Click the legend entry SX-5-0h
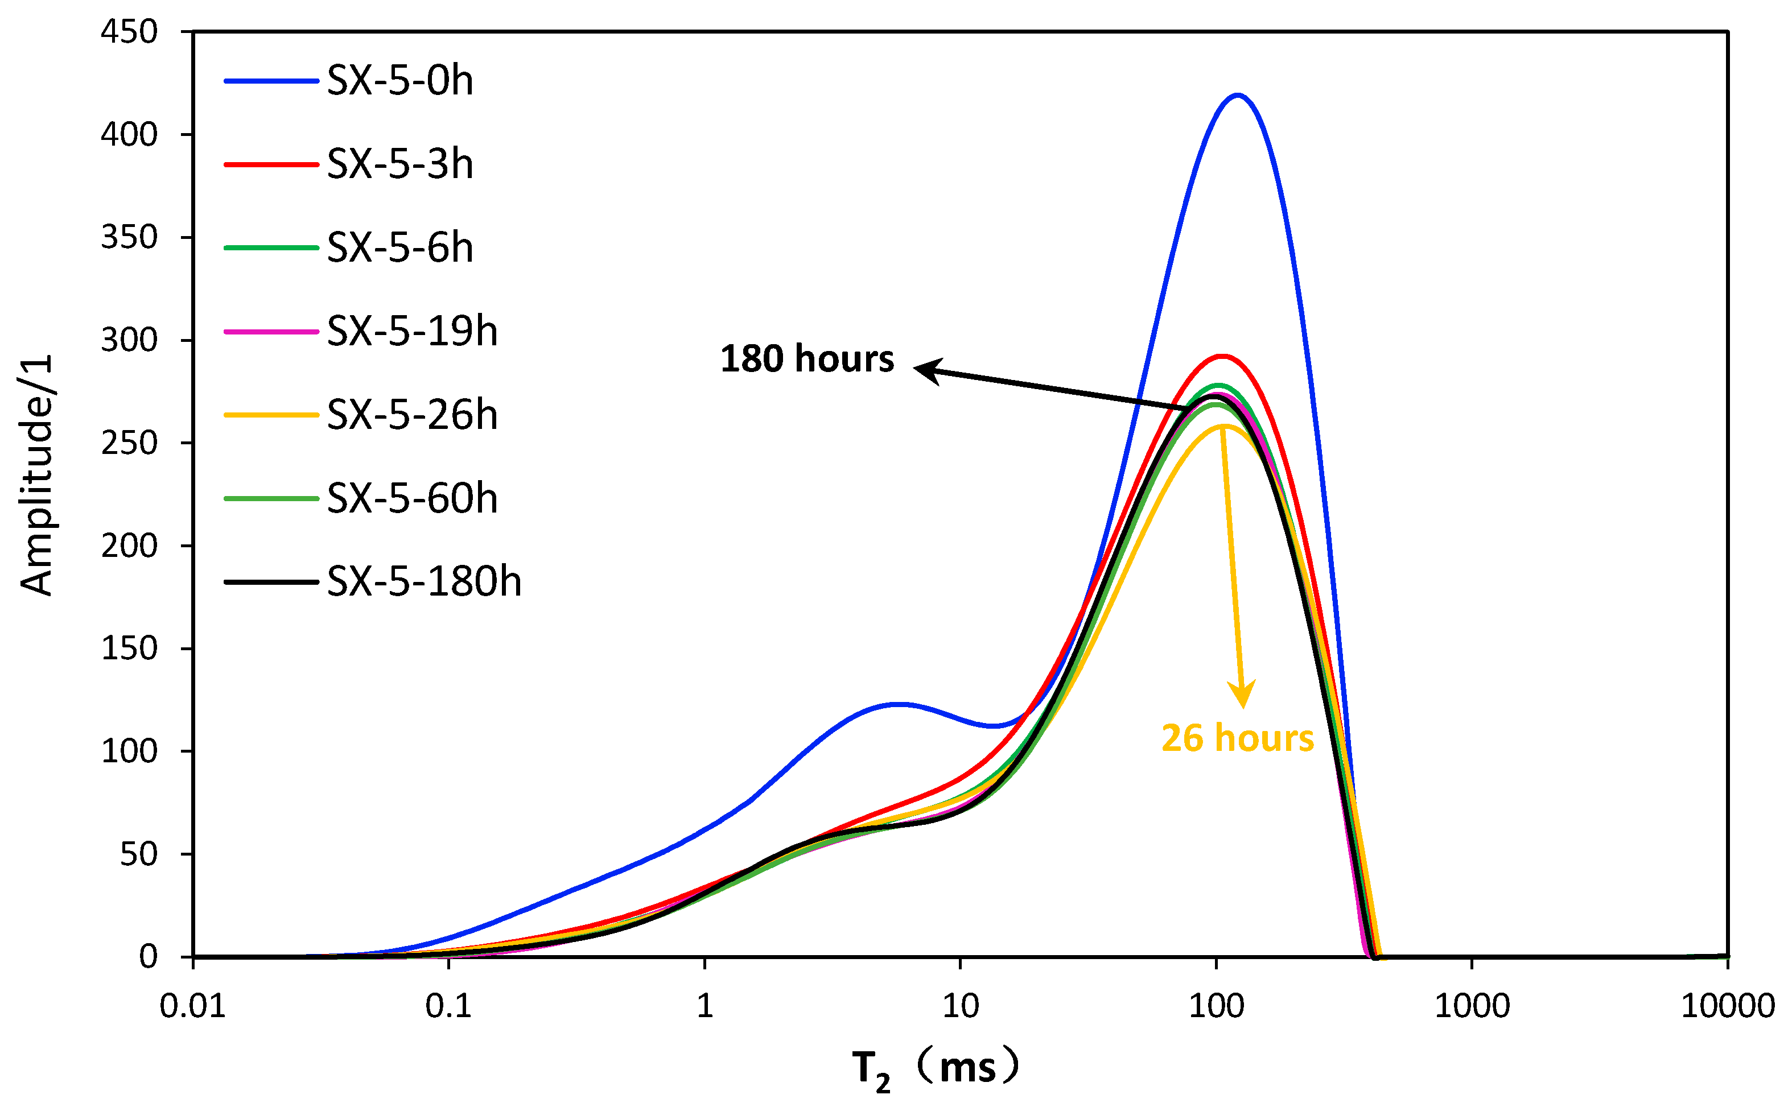coord(399,81)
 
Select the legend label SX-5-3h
coord(399,164)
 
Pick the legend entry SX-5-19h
coord(411,332)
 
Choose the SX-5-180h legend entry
coord(423,582)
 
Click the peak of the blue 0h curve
coord(1237,95)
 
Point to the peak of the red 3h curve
coord(1221,356)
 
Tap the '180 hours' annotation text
coord(807,360)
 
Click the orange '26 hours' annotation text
coord(1237,738)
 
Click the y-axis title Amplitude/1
coord(36,476)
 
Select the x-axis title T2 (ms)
coord(936,1069)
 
